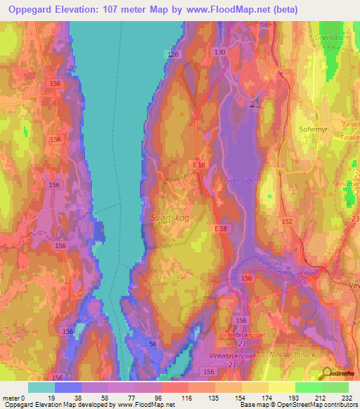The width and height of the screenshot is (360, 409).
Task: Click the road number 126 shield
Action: pyautogui.click(x=174, y=55)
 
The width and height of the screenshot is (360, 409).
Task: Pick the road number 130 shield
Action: pyautogui.click(x=219, y=53)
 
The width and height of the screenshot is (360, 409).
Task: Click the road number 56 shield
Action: pyautogui.click(x=153, y=343)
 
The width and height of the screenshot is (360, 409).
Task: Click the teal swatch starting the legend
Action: pyautogui.click(x=41, y=387)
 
